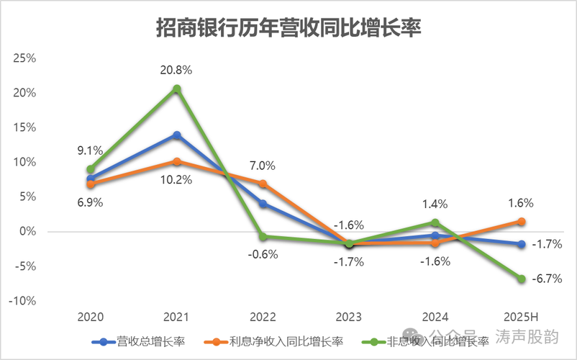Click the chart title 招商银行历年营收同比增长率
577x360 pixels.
pyautogui.click(x=288, y=28)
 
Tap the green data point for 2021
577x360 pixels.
pyautogui.click(x=177, y=89)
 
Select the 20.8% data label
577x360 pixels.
pyautogui.click(x=177, y=70)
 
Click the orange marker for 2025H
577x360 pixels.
pyautogui.click(x=521, y=221)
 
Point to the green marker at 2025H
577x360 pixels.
pyautogui.click(x=521, y=279)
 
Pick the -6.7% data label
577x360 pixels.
pyautogui.click(x=547, y=279)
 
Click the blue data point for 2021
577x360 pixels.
pyautogui.click(x=177, y=135)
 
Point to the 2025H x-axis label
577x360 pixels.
pyautogui.click(x=521, y=318)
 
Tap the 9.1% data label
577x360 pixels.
pyautogui.click(x=91, y=150)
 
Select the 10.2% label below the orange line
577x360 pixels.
pyautogui.click(x=177, y=179)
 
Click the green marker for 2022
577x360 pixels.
pyautogui.click(x=263, y=237)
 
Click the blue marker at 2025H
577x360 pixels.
pyautogui.click(x=521, y=244)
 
